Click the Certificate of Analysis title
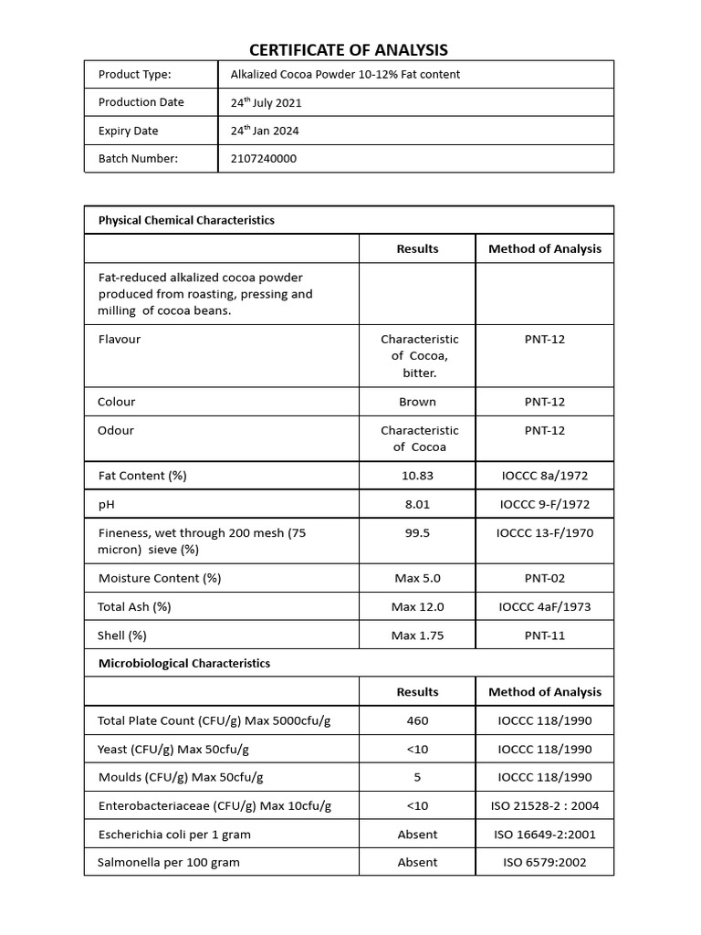350,50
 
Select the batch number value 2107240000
263,159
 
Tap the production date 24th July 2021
266,102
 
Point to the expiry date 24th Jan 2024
265,131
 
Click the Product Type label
134,74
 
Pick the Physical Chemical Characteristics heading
186,220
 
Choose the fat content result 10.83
417,476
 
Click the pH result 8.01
417,504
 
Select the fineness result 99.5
417,532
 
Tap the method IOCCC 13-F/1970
545,532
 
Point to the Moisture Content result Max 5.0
417,578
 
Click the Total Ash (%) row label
134,606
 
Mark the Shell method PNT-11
545,635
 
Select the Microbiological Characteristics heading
183,664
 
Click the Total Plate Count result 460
417,720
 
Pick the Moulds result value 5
417,777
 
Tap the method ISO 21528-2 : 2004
545,805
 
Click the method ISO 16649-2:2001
545,834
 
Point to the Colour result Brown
417,402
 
